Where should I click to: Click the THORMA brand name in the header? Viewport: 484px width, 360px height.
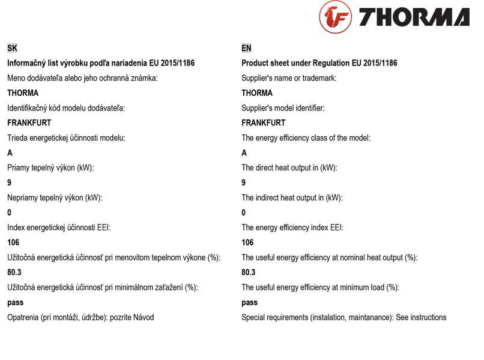point(414,17)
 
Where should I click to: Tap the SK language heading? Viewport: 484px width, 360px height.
point(12,48)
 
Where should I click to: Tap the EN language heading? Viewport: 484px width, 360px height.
point(246,48)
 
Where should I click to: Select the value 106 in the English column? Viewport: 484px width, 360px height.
point(247,242)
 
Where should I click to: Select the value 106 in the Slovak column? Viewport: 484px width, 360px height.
point(13,242)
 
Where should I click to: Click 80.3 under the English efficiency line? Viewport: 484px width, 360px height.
point(249,272)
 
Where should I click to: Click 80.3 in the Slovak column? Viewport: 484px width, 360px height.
point(14,272)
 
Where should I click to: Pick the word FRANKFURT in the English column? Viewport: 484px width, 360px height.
point(263,123)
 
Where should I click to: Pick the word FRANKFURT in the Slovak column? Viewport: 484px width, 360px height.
point(29,123)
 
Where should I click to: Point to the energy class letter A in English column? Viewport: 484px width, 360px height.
point(244,153)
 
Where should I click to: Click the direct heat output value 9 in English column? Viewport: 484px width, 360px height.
point(244,183)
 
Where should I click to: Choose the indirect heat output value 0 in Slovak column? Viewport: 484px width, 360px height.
point(10,213)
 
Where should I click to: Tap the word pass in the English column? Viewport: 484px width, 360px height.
point(249,303)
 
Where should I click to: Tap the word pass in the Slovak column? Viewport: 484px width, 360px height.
point(15,303)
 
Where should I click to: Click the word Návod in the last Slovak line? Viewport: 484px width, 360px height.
point(142,317)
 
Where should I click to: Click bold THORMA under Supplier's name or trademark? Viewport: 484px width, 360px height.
point(257,93)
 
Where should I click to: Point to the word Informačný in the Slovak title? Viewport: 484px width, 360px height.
point(28,63)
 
